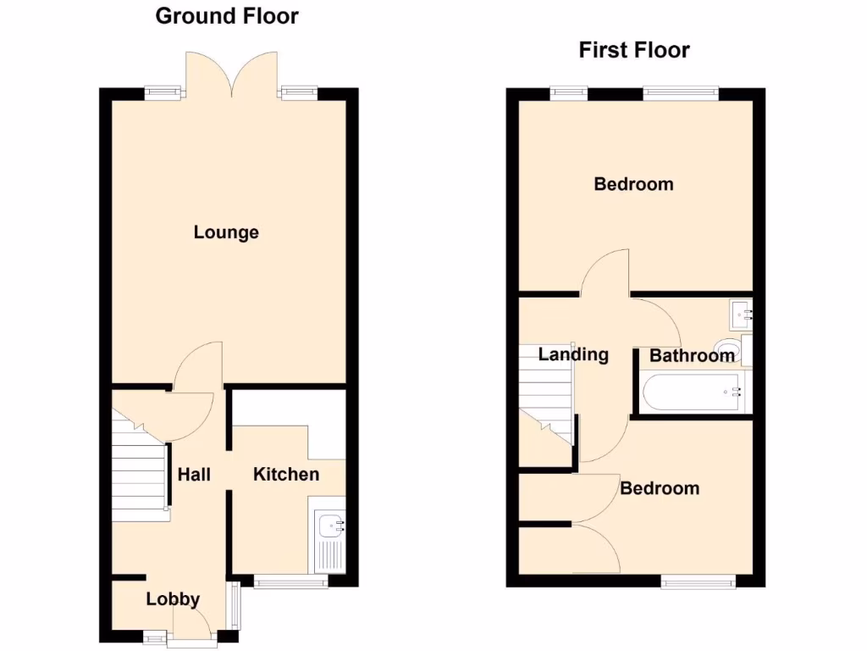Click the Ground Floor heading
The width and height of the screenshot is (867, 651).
227,16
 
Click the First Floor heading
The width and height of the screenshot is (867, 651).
634,50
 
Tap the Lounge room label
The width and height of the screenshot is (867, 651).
226,232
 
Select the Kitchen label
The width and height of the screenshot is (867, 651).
286,474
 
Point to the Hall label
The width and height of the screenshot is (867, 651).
194,475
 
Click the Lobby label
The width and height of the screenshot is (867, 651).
173,600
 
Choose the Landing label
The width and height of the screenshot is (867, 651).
573,354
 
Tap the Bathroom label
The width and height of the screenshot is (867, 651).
692,356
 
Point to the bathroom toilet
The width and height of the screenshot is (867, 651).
726,347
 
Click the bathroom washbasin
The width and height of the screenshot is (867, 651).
740,314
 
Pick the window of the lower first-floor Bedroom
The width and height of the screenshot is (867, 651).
699,581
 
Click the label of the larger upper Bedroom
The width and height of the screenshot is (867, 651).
633,184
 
